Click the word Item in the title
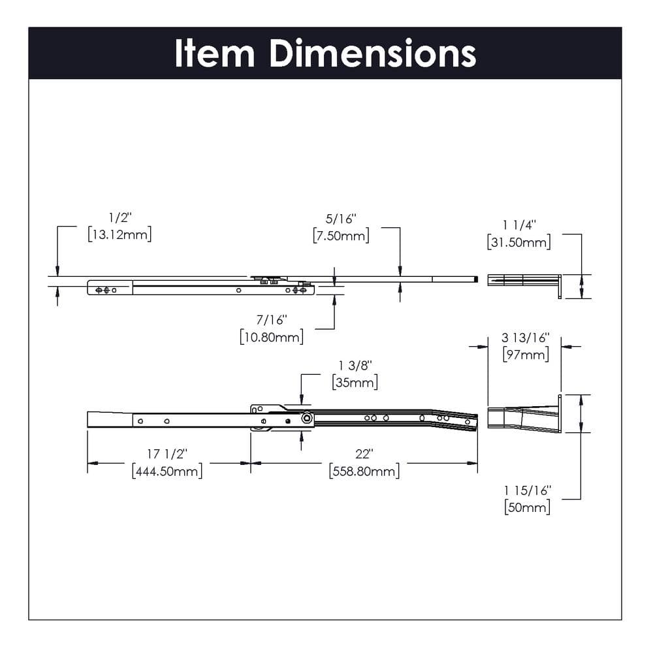tap(214, 54)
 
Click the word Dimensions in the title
tap(373, 54)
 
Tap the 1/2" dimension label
tap(119, 218)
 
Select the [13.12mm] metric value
tap(119, 235)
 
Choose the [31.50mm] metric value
tap(519, 242)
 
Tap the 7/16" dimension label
tap(271, 320)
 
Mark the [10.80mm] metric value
tap(271, 337)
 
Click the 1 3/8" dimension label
tap(355, 365)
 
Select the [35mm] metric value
tap(355, 382)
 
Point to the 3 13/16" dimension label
tap(526, 338)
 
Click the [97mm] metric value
tap(526, 355)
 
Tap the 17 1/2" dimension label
tap(167, 454)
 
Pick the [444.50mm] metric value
tap(167, 471)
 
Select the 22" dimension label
tap(364, 454)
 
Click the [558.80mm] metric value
tap(364, 471)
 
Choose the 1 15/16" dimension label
tap(528, 490)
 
